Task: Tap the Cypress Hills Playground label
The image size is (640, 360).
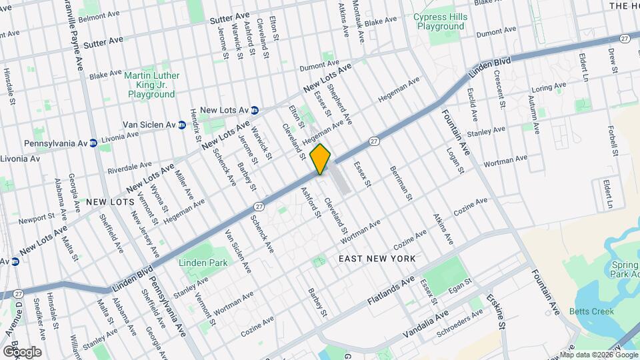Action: point(440,21)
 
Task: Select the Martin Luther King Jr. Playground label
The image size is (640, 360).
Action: point(151,85)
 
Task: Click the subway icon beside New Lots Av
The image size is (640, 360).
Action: point(255,110)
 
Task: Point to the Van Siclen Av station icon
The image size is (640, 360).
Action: point(181,125)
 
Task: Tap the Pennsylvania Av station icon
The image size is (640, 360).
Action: point(93,143)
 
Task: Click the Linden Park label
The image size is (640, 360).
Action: point(203,263)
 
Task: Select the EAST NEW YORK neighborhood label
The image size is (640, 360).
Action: point(377,258)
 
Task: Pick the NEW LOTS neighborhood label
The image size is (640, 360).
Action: point(107,201)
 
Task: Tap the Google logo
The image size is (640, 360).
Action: point(22,352)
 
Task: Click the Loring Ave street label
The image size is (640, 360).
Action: point(548,88)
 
